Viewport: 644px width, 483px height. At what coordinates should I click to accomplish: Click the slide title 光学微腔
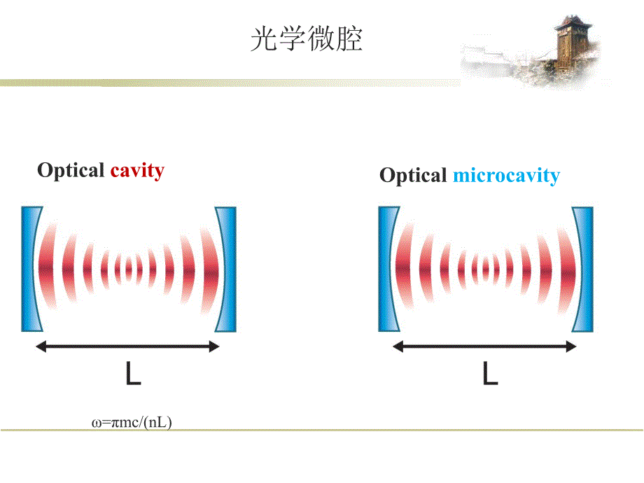[x=307, y=40]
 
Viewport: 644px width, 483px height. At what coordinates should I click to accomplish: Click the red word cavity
[x=137, y=170]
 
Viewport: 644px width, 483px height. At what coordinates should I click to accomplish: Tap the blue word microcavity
[x=506, y=175]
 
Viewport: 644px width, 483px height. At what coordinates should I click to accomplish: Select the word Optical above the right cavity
[x=413, y=176]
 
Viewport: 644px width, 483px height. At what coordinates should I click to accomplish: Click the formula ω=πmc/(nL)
[x=132, y=422]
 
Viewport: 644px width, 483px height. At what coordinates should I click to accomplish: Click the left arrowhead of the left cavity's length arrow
[x=41, y=346]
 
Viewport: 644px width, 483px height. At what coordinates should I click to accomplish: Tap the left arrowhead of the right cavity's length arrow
[x=398, y=346]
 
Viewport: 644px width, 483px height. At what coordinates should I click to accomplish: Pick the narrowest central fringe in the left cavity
[x=129, y=267]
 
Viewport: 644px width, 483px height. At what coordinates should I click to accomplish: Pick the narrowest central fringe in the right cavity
[x=486, y=267]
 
